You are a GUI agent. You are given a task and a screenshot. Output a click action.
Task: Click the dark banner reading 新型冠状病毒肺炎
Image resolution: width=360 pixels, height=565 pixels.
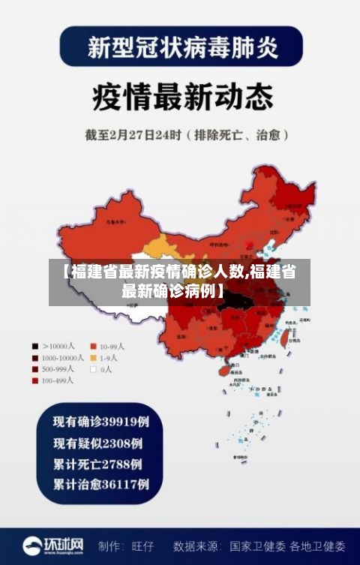pyautogui.click(x=180, y=48)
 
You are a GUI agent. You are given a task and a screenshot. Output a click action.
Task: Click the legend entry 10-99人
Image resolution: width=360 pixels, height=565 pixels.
pyautogui.click(x=107, y=347)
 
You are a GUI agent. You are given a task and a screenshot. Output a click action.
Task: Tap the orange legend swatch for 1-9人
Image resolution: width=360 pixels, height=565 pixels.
pyautogui.click(x=94, y=358)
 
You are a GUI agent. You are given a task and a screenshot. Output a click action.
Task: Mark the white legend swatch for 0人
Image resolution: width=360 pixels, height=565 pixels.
pyautogui.click(x=94, y=369)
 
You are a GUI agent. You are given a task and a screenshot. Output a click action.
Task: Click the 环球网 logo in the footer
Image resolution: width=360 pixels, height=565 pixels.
pyautogui.click(x=53, y=545)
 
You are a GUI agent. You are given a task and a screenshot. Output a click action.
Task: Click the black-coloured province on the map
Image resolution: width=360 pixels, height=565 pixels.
pyautogui.click(x=238, y=302)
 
